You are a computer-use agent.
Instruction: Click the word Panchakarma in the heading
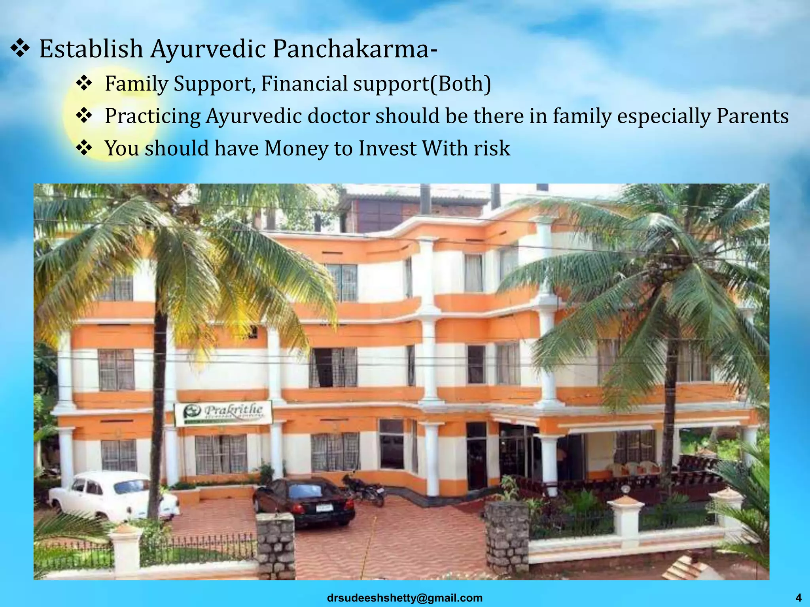click(x=354, y=49)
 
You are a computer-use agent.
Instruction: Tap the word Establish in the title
click(x=91, y=49)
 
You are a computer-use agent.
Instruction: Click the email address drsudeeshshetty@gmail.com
click(x=405, y=598)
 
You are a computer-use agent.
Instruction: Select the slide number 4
click(x=798, y=598)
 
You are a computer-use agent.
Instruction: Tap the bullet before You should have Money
click(x=84, y=149)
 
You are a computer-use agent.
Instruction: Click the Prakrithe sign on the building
click(x=223, y=413)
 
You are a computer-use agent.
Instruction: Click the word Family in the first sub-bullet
click(x=136, y=84)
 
